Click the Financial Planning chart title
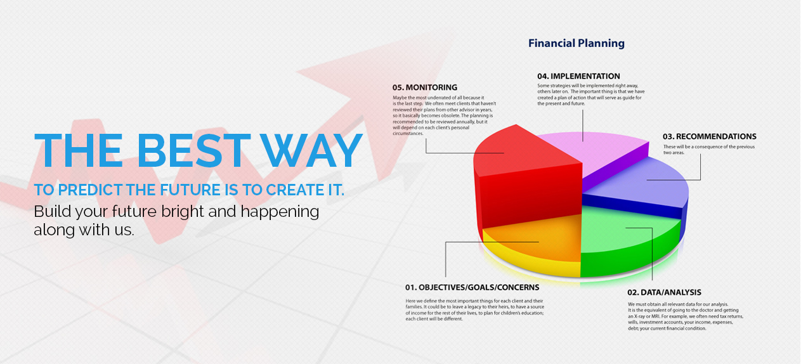[576, 43]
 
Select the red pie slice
[528, 179]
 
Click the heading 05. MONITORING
[425, 88]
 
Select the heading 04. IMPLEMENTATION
[578, 76]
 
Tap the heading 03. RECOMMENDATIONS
[710, 136]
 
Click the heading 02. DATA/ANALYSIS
[665, 292]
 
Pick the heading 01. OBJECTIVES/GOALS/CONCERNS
[472, 287]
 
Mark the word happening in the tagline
[280, 212]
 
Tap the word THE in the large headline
[79, 150]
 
